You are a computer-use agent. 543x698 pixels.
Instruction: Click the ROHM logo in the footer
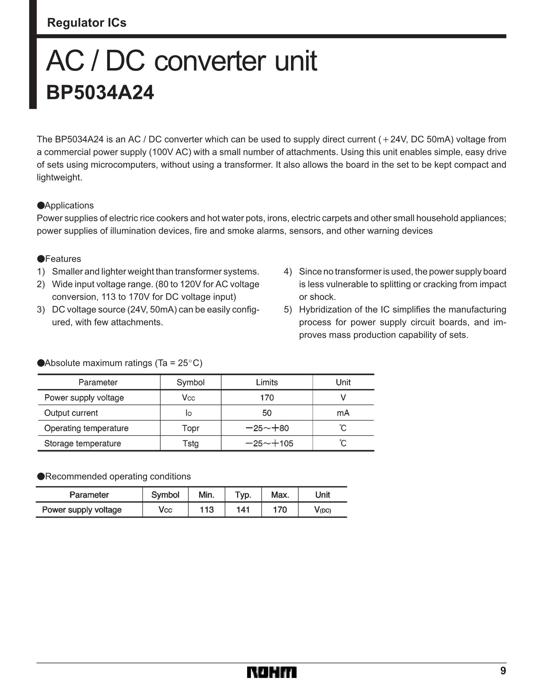[x=271, y=672]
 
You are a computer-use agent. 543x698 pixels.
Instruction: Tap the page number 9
[x=503, y=671]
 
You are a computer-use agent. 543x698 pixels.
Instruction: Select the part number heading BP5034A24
[x=100, y=93]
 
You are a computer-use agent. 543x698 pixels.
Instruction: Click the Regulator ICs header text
[x=87, y=23]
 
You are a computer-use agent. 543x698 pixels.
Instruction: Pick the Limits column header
[x=267, y=382]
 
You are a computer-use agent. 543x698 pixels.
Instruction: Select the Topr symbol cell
[x=190, y=428]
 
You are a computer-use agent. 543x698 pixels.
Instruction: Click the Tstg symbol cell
[x=190, y=443]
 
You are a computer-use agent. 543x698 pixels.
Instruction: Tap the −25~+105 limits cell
[x=269, y=443]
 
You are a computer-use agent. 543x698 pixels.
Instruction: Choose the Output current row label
[x=71, y=413]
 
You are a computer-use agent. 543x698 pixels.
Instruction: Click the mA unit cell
[x=343, y=413]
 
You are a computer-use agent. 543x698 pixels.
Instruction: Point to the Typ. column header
[x=243, y=495]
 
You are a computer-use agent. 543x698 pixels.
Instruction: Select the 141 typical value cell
[x=243, y=510]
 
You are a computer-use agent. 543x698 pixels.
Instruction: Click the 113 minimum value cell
[x=207, y=510]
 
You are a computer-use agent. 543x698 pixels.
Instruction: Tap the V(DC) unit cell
[x=322, y=510]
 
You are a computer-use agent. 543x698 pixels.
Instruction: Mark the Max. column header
[x=280, y=495]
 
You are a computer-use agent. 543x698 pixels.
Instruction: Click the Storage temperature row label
[x=83, y=443]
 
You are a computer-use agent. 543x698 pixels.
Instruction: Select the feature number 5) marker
[x=288, y=309]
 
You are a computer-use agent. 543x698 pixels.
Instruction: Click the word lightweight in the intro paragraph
[x=59, y=177]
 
